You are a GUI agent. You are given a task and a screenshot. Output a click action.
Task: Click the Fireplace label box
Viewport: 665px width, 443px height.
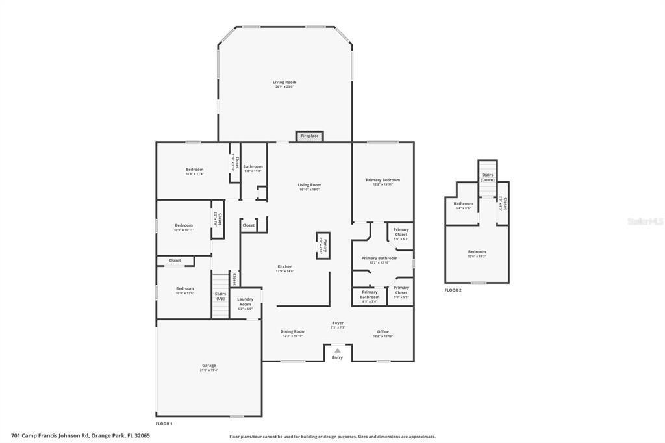[310, 136]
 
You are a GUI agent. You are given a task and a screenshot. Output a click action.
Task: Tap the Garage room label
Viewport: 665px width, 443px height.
[209, 365]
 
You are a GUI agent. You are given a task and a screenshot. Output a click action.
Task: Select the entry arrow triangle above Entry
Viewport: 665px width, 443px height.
[337, 350]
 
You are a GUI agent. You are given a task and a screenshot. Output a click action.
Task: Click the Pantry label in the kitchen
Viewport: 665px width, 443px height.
[323, 245]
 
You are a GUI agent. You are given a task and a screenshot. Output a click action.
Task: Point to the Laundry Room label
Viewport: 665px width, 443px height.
[245, 301]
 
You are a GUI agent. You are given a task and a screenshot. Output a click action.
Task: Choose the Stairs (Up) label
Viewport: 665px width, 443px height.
[221, 296]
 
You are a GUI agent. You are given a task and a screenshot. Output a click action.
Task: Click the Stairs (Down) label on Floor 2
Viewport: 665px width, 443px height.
[488, 177]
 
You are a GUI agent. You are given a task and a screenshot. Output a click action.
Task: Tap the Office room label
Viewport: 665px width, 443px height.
[383, 331]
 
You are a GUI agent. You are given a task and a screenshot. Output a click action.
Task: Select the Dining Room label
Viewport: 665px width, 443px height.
[293, 331]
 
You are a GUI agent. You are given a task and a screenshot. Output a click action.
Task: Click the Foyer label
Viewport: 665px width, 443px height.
[338, 323]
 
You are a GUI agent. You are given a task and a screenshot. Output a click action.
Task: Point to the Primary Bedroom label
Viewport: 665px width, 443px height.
[383, 180]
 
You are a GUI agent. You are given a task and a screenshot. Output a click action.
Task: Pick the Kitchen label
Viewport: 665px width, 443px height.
[285, 266]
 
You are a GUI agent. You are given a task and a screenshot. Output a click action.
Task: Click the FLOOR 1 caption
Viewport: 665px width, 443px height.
[164, 424]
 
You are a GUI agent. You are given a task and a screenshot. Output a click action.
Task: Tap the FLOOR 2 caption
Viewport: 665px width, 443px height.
[453, 290]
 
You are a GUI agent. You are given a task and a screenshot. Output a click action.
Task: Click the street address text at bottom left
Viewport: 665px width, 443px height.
[81, 436]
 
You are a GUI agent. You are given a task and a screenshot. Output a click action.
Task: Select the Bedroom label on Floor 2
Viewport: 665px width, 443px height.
[477, 252]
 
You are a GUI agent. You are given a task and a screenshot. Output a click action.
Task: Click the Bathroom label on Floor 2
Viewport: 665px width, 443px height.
[463, 203]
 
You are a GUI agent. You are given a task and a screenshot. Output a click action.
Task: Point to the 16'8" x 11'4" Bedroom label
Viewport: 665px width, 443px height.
[195, 170]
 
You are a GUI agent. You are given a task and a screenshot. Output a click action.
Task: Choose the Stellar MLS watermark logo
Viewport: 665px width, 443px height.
[645, 221]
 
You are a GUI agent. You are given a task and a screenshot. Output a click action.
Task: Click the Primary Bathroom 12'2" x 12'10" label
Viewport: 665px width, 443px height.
[379, 258]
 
